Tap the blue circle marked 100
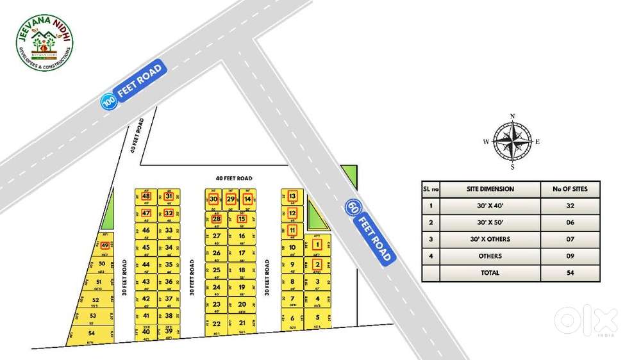(x=109, y=100)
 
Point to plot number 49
(x=105, y=245)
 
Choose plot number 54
(x=91, y=333)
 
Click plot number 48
(x=146, y=196)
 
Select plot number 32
(x=169, y=213)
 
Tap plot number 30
(x=214, y=199)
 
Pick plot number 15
(x=242, y=219)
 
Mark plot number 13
(x=292, y=196)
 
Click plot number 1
(x=317, y=245)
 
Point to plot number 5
(x=317, y=317)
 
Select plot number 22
(x=217, y=323)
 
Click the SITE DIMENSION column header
(x=490, y=189)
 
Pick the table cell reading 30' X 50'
(x=490, y=222)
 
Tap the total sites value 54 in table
(x=570, y=273)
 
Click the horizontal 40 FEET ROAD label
(x=234, y=177)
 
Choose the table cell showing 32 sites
(x=570, y=206)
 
